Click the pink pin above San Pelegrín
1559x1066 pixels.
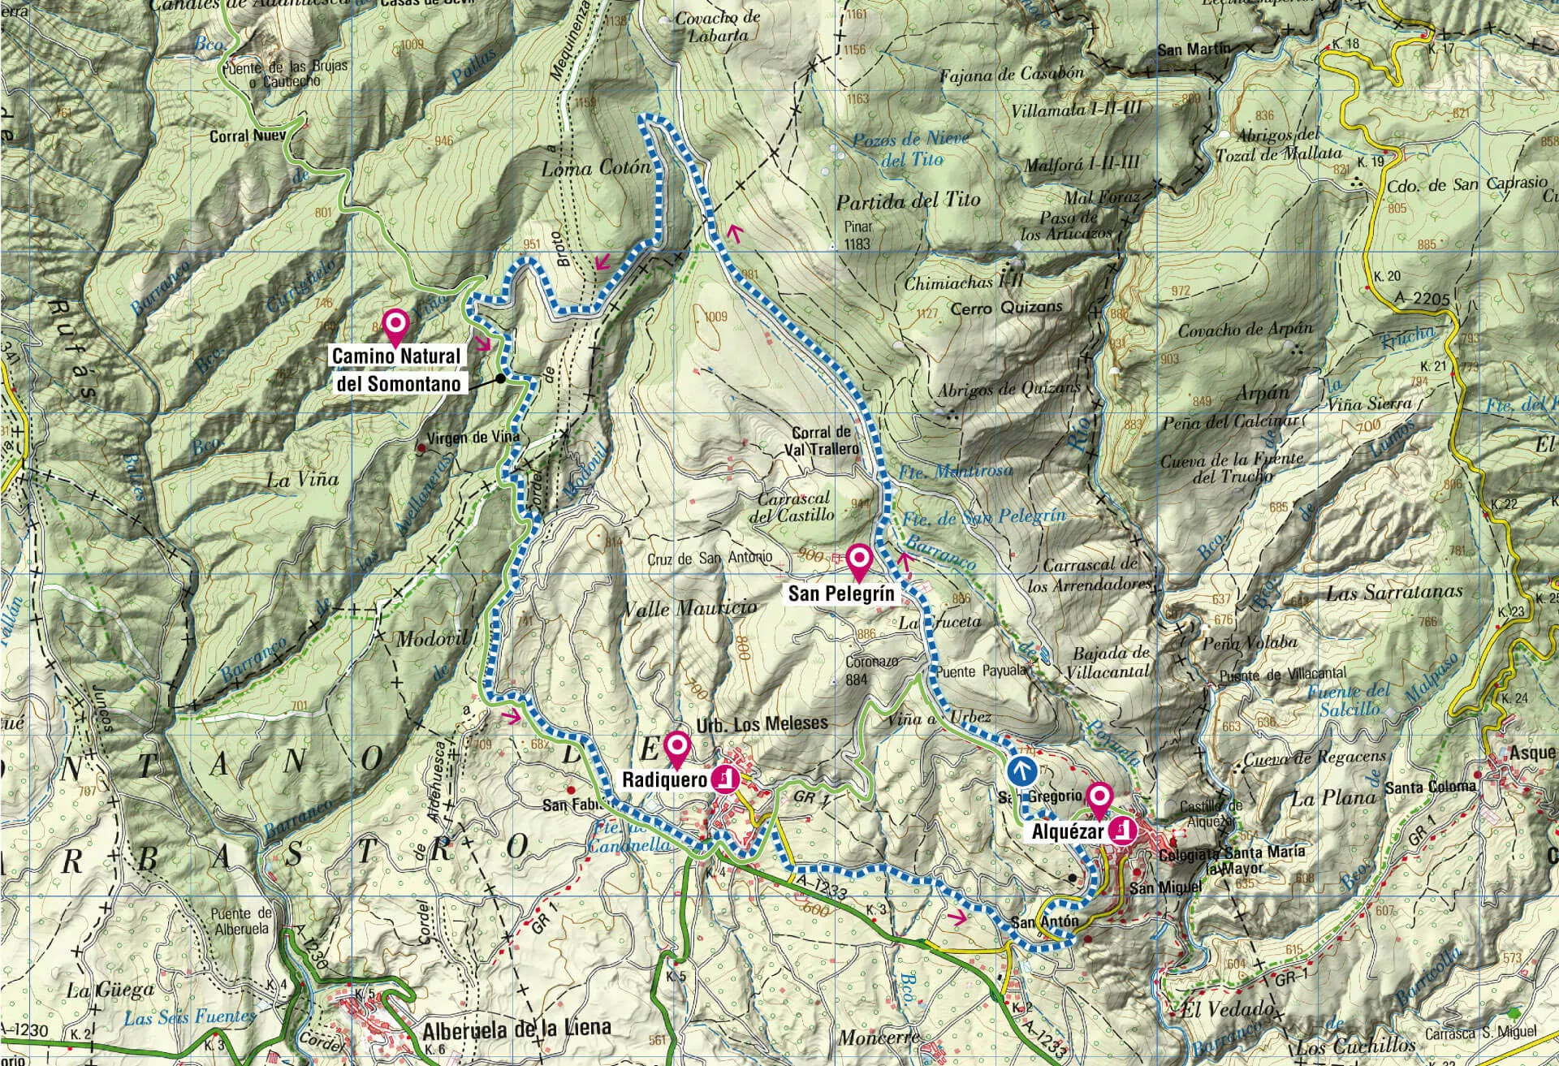(x=858, y=559)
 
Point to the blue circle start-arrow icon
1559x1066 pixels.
(x=1021, y=770)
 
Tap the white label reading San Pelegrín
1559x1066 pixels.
(x=840, y=593)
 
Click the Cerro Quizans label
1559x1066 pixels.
(x=1006, y=308)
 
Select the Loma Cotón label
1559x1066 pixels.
(x=596, y=168)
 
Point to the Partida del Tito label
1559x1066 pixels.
(x=908, y=201)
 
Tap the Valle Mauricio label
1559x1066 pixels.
(x=689, y=607)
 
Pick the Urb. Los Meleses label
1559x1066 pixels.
(x=762, y=723)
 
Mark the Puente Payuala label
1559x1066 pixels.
(x=982, y=671)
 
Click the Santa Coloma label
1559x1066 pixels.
(x=1430, y=787)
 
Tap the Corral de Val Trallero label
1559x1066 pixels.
(x=822, y=440)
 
